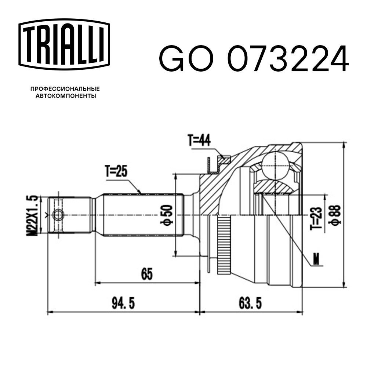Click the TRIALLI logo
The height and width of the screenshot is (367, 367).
click(x=64, y=44)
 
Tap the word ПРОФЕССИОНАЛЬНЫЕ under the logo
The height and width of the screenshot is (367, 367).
click(x=65, y=89)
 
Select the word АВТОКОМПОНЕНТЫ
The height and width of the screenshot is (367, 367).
click(x=66, y=96)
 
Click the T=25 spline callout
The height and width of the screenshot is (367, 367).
click(x=116, y=172)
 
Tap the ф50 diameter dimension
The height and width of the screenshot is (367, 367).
click(x=166, y=215)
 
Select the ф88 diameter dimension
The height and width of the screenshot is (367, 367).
click(x=335, y=215)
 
